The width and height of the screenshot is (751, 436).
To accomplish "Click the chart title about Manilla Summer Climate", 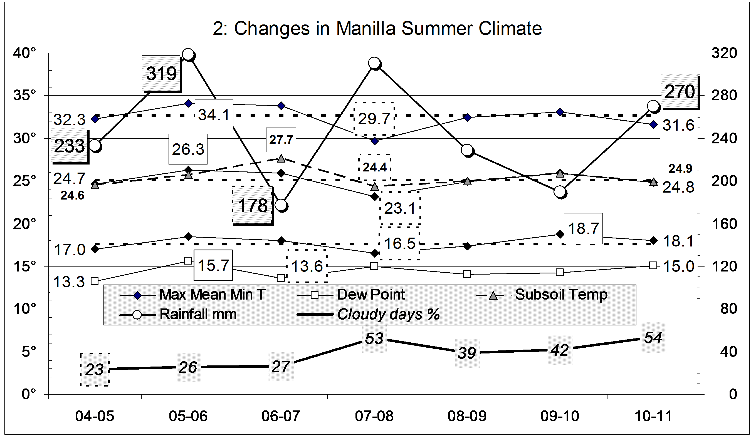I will pos(377,29).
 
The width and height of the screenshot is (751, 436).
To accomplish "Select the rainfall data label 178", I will pos(253,205).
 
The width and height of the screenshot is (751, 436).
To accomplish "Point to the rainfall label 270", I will pos(680,92).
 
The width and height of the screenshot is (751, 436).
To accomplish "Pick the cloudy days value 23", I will pos(95,370).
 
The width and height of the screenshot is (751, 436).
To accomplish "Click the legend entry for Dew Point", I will pos(370,295).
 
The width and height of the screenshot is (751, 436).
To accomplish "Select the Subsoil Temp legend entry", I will pos(561,295).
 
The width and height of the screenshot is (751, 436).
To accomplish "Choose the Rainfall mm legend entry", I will pos(198,314).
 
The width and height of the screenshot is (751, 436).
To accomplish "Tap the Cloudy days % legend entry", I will pos(388,314).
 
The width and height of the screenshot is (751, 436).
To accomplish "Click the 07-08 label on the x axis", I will pos(374,416).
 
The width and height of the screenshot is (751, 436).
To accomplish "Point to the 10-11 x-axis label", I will pos(653,416).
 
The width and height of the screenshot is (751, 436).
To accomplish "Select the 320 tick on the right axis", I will pos(724,53).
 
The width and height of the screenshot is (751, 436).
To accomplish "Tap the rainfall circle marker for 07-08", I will pos(374,63).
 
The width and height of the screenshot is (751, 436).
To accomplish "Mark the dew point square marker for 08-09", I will pos(467,274).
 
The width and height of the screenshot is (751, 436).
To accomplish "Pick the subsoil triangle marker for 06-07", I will pos(281,158).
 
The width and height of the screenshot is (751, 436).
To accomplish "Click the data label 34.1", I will pos(214,115).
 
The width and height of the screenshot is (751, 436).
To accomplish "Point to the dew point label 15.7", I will pos(213,265).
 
